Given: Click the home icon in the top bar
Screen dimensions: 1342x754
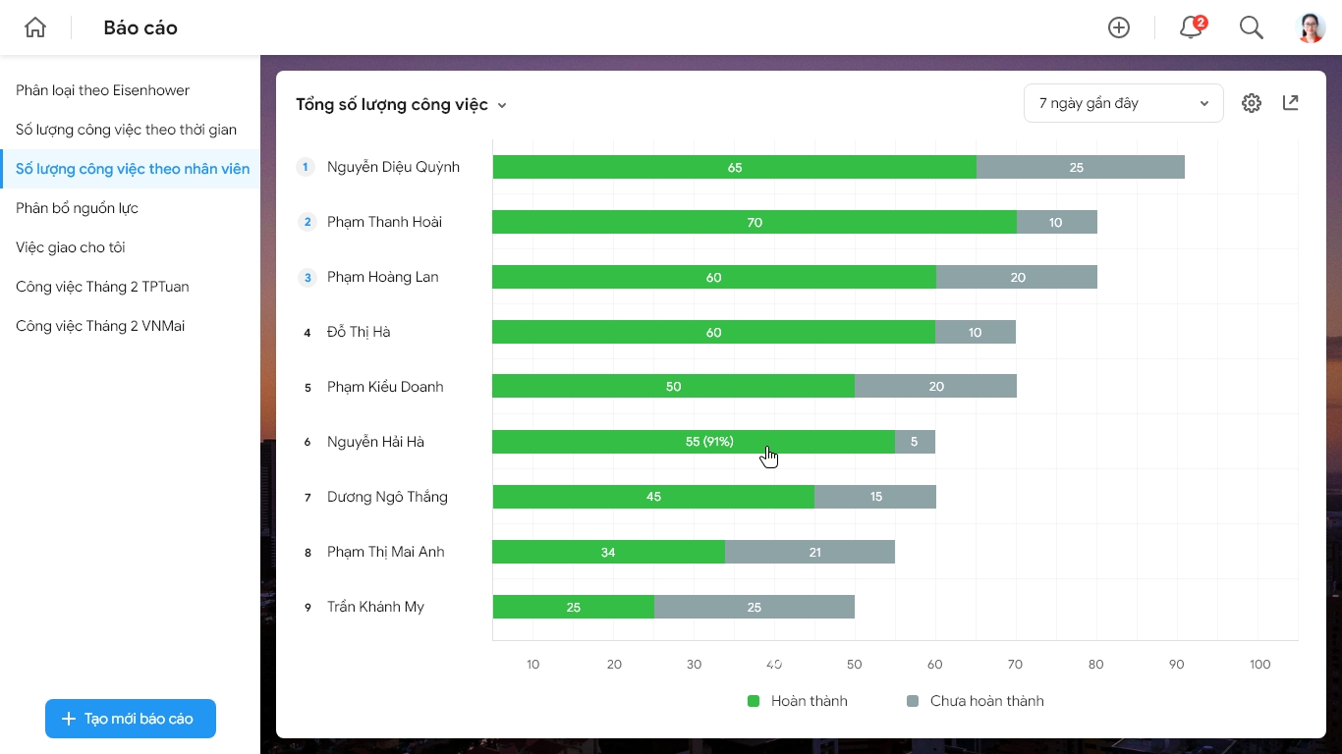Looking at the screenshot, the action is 35,27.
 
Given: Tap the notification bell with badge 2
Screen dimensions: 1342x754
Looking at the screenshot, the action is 1193,27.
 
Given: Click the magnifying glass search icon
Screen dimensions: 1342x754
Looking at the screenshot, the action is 1251,27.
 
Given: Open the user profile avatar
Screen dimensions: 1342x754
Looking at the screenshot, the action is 1311,27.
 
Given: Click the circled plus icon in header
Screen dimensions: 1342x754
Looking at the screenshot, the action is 1119,27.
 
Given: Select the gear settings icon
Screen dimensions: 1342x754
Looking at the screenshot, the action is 1251,103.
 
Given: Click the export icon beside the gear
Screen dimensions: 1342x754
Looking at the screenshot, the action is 1291,103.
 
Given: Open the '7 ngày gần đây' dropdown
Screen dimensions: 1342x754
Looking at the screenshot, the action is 1123,103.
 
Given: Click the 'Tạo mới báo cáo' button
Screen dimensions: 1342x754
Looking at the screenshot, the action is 131,718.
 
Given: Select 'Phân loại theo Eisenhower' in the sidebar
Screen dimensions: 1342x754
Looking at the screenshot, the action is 102,90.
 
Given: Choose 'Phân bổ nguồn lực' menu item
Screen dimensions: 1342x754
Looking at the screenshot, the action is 77,208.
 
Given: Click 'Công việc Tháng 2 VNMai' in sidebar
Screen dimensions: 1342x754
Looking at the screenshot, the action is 100,326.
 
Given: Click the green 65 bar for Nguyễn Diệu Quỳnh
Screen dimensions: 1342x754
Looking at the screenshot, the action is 735,167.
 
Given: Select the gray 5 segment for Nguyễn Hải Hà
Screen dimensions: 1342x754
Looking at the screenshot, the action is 915,442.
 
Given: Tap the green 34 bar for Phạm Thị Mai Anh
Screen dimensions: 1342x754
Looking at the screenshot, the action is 609,552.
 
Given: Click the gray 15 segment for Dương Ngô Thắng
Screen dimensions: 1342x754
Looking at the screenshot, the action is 875,497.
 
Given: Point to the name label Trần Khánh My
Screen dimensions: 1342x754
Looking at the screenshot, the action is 375,607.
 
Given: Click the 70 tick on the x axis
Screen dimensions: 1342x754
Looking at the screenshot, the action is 1015,664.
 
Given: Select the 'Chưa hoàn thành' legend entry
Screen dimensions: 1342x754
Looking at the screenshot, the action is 976,701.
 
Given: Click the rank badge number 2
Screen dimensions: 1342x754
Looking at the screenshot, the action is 308,222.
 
